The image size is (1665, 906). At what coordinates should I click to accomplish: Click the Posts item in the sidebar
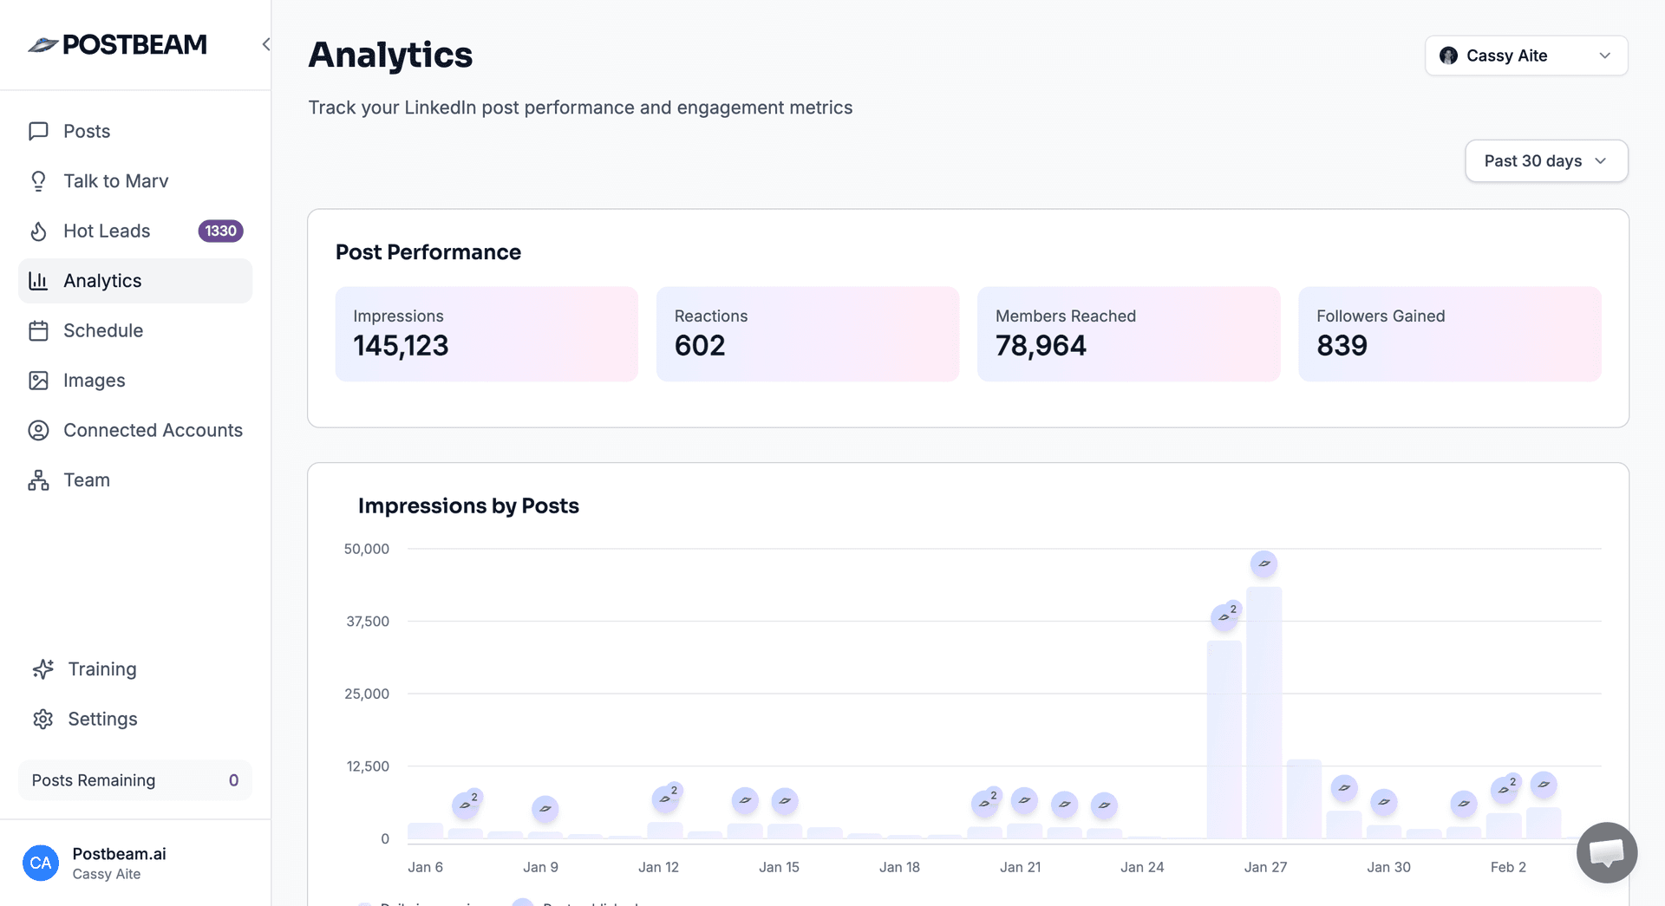pyautogui.click(x=87, y=131)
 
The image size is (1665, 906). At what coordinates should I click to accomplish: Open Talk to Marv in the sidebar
pyautogui.click(x=115, y=181)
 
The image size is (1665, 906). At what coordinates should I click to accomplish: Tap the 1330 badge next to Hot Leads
pyautogui.click(x=220, y=231)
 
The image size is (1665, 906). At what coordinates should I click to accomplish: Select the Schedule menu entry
pyautogui.click(x=102, y=330)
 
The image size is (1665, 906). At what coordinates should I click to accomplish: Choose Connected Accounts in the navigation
pyautogui.click(x=153, y=430)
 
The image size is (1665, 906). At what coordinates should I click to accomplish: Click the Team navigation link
pyautogui.click(x=86, y=480)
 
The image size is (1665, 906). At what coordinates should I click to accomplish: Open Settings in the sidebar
pyautogui.click(x=102, y=719)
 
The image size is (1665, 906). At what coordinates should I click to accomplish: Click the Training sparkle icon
pyautogui.click(x=43, y=669)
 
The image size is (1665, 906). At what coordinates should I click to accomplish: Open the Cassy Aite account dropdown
pyautogui.click(x=1525, y=55)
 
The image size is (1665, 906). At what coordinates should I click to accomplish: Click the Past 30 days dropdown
pyautogui.click(x=1545, y=161)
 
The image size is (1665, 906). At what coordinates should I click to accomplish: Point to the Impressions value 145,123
pyautogui.click(x=401, y=346)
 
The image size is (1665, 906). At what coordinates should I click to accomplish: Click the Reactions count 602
pyautogui.click(x=699, y=346)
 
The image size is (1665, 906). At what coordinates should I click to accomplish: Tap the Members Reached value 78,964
pyautogui.click(x=1040, y=346)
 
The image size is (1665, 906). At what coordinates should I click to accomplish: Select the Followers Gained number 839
pyautogui.click(x=1341, y=346)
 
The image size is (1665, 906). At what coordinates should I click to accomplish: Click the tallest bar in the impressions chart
pyautogui.click(x=1263, y=711)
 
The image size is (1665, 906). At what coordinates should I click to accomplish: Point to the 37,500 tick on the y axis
pyautogui.click(x=368, y=622)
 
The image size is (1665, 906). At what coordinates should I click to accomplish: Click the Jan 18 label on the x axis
pyautogui.click(x=899, y=867)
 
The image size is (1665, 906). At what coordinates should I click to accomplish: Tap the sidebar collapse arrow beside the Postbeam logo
pyautogui.click(x=266, y=44)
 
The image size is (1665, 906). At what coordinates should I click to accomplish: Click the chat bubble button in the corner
pyautogui.click(x=1606, y=852)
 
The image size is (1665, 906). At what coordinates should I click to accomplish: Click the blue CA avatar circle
pyautogui.click(x=41, y=863)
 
